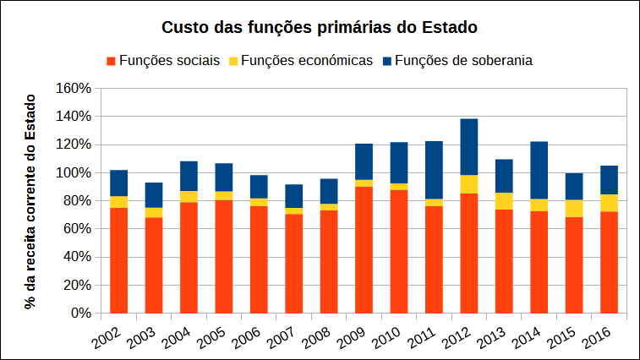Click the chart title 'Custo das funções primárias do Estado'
tap(320, 27)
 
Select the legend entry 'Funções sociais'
tap(169, 61)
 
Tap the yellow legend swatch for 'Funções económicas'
tap(234, 62)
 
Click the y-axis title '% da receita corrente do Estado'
tap(32, 200)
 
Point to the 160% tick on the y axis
tap(73, 88)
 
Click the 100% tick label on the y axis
tap(73, 172)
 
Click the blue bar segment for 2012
tap(469, 147)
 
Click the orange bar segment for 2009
tap(364, 249)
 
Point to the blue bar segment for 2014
tap(539, 170)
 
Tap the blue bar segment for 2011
tap(434, 170)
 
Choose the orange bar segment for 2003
tap(154, 265)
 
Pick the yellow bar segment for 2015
tap(574, 209)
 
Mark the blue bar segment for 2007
tap(294, 196)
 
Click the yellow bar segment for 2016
tap(609, 203)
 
